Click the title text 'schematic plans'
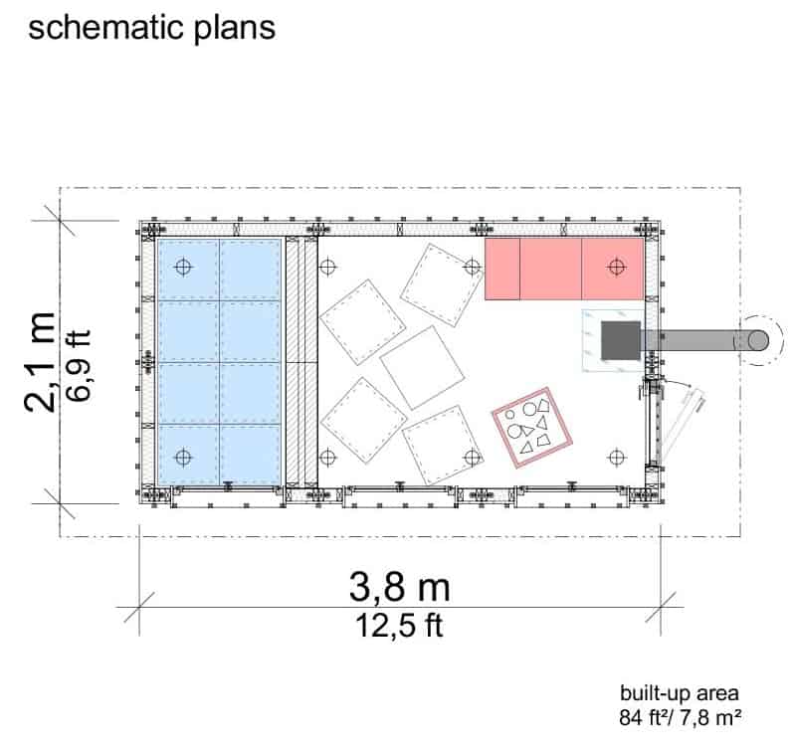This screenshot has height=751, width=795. pyautogui.click(x=151, y=29)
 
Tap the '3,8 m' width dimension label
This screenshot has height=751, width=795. pyautogui.click(x=400, y=587)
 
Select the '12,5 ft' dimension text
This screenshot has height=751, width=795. pyautogui.click(x=400, y=626)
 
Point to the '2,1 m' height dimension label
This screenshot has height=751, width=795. pyautogui.click(x=40, y=362)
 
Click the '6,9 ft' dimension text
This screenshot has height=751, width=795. pyautogui.click(x=79, y=365)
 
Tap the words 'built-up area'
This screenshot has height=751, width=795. pyautogui.click(x=680, y=692)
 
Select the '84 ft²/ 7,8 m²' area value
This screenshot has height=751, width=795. pyautogui.click(x=680, y=717)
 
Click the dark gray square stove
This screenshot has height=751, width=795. pyautogui.click(x=621, y=340)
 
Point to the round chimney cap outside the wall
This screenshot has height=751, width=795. pyautogui.click(x=758, y=340)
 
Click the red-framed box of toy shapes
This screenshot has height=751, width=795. pyautogui.click(x=532, y=428)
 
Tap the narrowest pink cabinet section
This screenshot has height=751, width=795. pyautogui.click(x=501, y=269)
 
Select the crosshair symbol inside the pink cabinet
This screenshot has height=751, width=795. pyautogui.click(x=617, y=267)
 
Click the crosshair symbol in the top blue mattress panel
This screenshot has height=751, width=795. pyautogui.click(x=183, y=267)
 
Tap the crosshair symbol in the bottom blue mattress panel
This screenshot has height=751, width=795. pyautogui.click(x=183, y=458)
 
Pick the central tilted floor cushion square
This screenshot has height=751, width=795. pyautogui.click(x=422, y=367)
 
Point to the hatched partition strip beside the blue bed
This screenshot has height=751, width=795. pyautogui.click(x=301, y=362)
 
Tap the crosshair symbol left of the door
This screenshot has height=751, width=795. pyautogui.click(x=617, y=458)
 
